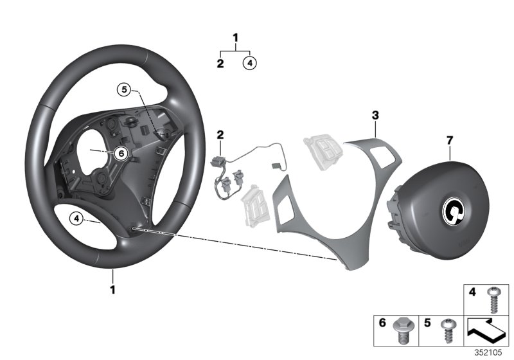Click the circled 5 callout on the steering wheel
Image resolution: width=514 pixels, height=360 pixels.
(x=123, y=91)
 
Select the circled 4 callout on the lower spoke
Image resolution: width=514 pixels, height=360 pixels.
(x=76, y=219)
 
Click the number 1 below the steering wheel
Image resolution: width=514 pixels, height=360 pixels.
(x=112, y=290)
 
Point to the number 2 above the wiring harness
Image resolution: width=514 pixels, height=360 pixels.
(x=220, y=134)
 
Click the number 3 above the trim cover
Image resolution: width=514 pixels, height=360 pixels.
(x=376, y=115)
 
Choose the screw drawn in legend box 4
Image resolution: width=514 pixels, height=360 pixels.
(x=493, y=298)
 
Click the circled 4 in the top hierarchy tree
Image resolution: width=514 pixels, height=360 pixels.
(x=250, y=63)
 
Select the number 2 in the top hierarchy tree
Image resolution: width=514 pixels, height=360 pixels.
(x=220, y=63)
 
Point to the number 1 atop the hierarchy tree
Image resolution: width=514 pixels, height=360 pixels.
(x=235, y=38)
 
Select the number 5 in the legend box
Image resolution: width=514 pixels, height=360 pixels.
(x=427, y=324)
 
